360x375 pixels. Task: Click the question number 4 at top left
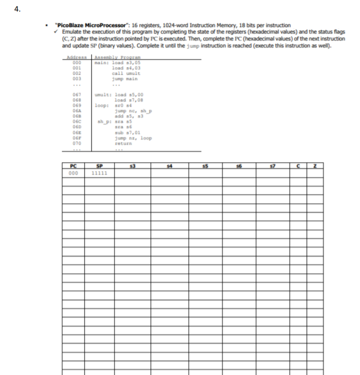pyautogui.click(x=17, y=9)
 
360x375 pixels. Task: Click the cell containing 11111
pyautogui.click(x=97, y=173)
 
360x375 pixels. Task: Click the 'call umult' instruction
pyautogui.click(x=126, y=73)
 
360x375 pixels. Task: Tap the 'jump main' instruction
pyautogui.click(x=126, y=78)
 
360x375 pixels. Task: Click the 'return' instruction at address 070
pyautogui.click(x=123, y=143)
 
